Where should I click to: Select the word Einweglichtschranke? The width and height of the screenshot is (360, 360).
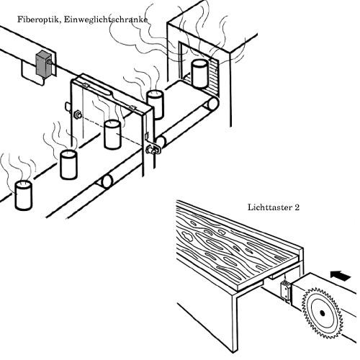click(x=106, y=19)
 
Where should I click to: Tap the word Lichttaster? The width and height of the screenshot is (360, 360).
click(x=269, y=207)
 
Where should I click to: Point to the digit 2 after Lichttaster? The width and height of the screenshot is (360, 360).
click(x=297, y=207)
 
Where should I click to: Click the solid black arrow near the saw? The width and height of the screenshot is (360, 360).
click(x=341, y=276)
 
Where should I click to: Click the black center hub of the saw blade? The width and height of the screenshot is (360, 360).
click(x=323, y=313)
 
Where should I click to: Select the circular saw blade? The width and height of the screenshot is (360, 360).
click(x=323, y=313)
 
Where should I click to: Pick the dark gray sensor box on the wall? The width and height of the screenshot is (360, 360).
click(x=43, y=63)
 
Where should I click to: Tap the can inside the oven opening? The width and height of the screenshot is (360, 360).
click(x=199, y=73)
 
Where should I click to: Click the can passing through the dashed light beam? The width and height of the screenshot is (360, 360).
click(x=112, y=135)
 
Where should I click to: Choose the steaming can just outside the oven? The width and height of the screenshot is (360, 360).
click(x=155, y=104)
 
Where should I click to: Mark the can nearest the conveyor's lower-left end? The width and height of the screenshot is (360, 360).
click(x=23, y=195)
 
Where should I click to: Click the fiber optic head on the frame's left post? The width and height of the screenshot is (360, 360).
click(x=78, y=115)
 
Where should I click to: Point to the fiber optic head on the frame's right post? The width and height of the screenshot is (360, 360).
click(x=153, y=150)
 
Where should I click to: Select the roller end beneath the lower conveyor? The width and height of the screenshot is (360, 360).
click(x=107, y=181)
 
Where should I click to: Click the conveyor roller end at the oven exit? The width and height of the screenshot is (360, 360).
click(x=212, y=104)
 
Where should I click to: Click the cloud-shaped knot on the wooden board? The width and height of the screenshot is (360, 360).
click(x=188, y=235)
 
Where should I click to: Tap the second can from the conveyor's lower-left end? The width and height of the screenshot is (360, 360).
click(x=68, y=164)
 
